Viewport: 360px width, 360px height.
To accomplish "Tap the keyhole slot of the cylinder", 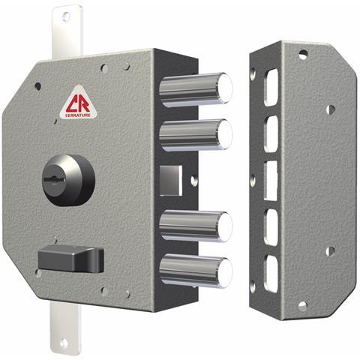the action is click(54, 179).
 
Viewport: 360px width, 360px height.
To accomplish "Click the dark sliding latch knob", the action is click(71, 259).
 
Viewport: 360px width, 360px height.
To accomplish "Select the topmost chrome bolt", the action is click(196, 89).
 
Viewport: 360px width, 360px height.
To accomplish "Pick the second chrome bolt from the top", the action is click(196, 136).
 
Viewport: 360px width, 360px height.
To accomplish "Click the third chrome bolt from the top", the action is click(196, 226).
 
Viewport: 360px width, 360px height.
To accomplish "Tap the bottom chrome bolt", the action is click(196, 271).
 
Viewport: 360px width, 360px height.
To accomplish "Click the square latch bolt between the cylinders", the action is click(171, 180).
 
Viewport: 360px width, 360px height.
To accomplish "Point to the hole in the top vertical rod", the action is click(66, 16).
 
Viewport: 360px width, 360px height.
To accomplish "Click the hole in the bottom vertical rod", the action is click(64, 343).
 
